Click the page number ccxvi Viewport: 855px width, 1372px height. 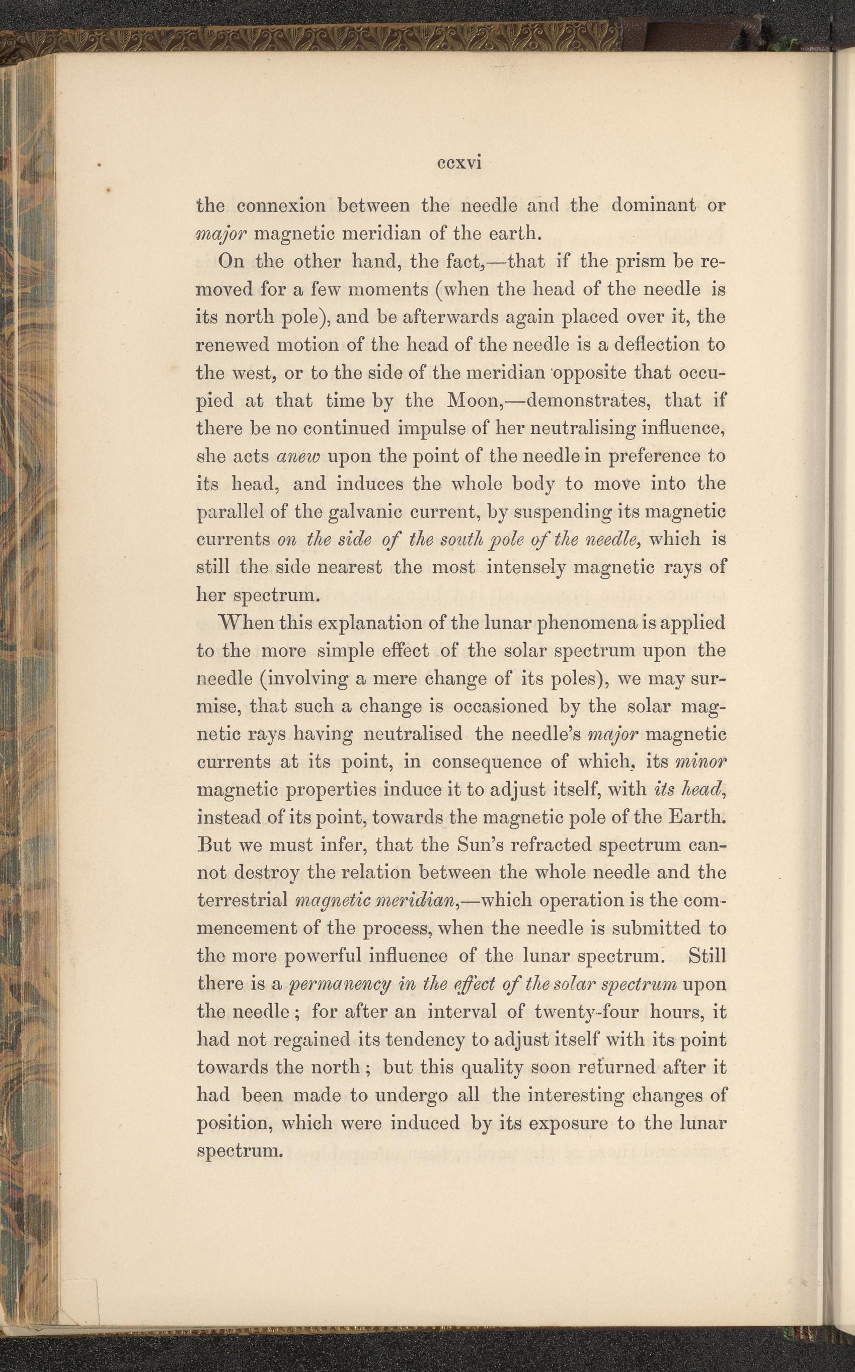458,164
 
